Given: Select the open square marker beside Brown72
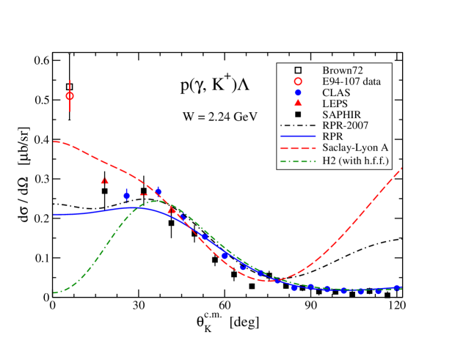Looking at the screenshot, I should point(298,70).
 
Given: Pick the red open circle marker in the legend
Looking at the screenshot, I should point(298,81).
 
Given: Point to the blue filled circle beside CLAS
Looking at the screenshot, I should point(298,92).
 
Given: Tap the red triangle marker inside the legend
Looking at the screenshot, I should point(298,103).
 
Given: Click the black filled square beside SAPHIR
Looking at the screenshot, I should point(298,114).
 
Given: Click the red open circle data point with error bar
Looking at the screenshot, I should point(70,96).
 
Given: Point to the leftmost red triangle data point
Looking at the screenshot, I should point(105,180).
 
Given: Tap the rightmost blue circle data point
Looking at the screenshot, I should point(397,288).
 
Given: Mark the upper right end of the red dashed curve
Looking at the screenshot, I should point(401,169).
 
